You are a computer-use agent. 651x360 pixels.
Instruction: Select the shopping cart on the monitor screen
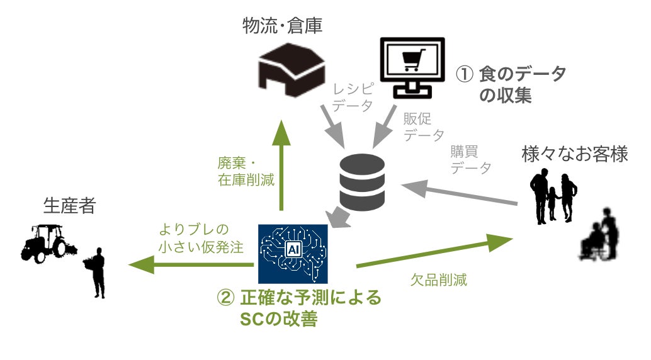click(411, 61)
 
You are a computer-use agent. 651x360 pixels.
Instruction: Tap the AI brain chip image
click(293, 252)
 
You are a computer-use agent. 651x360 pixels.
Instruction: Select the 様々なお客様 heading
click(574, 154)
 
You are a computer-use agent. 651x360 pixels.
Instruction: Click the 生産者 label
click(69, 206)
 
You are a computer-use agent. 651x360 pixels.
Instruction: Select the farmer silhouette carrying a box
click(97, 273)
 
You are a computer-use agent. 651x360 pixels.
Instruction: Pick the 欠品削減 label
click(439, 280)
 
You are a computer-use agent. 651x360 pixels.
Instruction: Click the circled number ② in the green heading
click(225, 298)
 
